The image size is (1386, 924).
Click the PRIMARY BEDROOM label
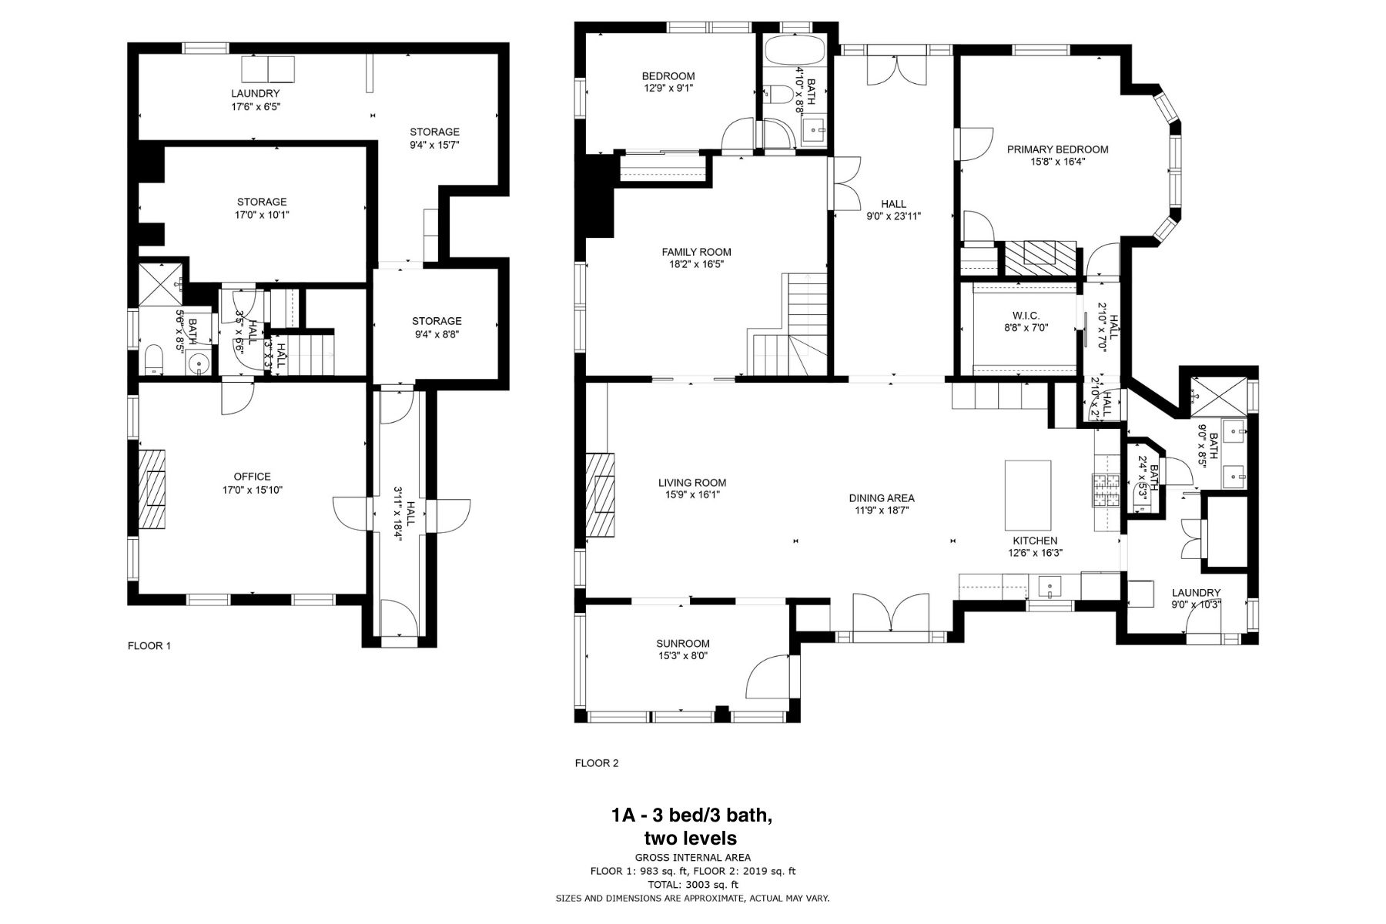[1057, 149]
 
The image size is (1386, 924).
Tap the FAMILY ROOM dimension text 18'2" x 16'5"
[696, 264]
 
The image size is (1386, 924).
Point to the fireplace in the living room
[601, 494]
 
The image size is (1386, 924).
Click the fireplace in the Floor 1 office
[152, 488]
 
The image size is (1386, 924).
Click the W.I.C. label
[1026, 315]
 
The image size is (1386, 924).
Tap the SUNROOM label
[682, 644]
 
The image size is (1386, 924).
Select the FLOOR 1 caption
[149, 646]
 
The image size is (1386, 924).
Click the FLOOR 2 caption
[596, 764]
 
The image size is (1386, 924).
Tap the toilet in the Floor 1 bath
[153, 358]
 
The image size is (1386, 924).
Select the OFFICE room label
[252, 477]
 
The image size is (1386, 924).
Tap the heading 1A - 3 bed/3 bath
[691, 815]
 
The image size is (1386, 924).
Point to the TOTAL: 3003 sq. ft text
[692, 885]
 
